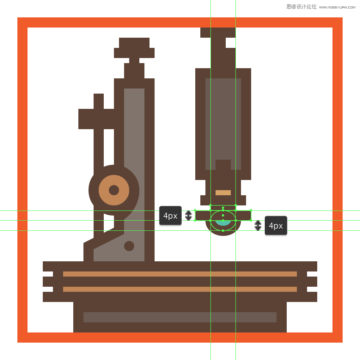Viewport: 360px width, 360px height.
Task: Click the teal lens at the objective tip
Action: (x=223, y=223)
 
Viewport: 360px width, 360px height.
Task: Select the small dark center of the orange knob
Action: (x=114, y=190)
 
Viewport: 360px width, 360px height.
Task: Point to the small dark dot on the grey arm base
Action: (x=129, y=246)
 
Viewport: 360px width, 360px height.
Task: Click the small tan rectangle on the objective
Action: (x=223, y=192)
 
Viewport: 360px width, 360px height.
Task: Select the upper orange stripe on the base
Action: (x=180, y=274)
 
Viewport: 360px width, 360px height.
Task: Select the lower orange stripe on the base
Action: (x=180, y=289)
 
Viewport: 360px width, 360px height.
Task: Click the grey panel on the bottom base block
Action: (x=180, y=317)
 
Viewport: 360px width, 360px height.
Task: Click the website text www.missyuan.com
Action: (x=337, y=7)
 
